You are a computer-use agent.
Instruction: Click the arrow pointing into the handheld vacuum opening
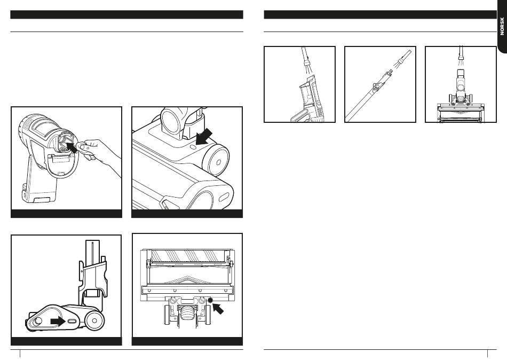tap(72, 147)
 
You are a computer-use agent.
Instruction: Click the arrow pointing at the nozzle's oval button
tap(204, 136)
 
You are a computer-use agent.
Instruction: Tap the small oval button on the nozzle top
tap(193, 147)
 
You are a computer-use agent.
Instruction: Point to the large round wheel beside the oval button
tap(216, 161)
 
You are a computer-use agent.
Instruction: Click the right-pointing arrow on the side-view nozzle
tap(58, 322)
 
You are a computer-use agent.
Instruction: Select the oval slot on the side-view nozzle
tap(72, 322)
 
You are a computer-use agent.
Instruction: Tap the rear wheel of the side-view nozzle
tap(94, 321)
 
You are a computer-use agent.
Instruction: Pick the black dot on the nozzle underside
tap(211, 300)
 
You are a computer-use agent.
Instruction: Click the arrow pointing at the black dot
tap(218, 308)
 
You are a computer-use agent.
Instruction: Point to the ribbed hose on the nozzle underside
tap(187, 314)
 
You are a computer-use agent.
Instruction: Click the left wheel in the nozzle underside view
tap(168, 315)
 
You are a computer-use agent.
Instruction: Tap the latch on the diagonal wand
tap(375, 87)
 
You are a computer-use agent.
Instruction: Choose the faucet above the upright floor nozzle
tap(461, 53)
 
